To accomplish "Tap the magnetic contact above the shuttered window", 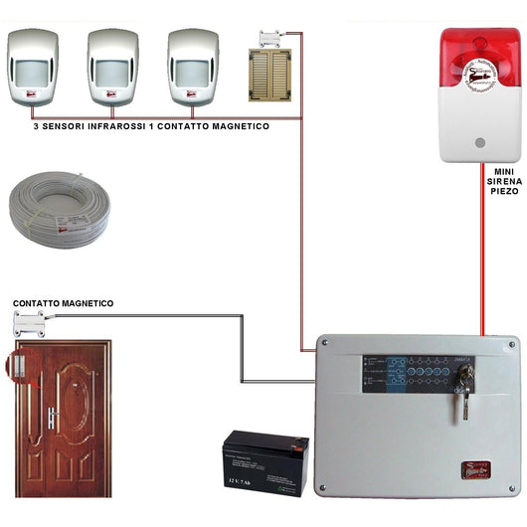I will click(270, 39).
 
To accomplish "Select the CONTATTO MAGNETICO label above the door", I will click(63, 302).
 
